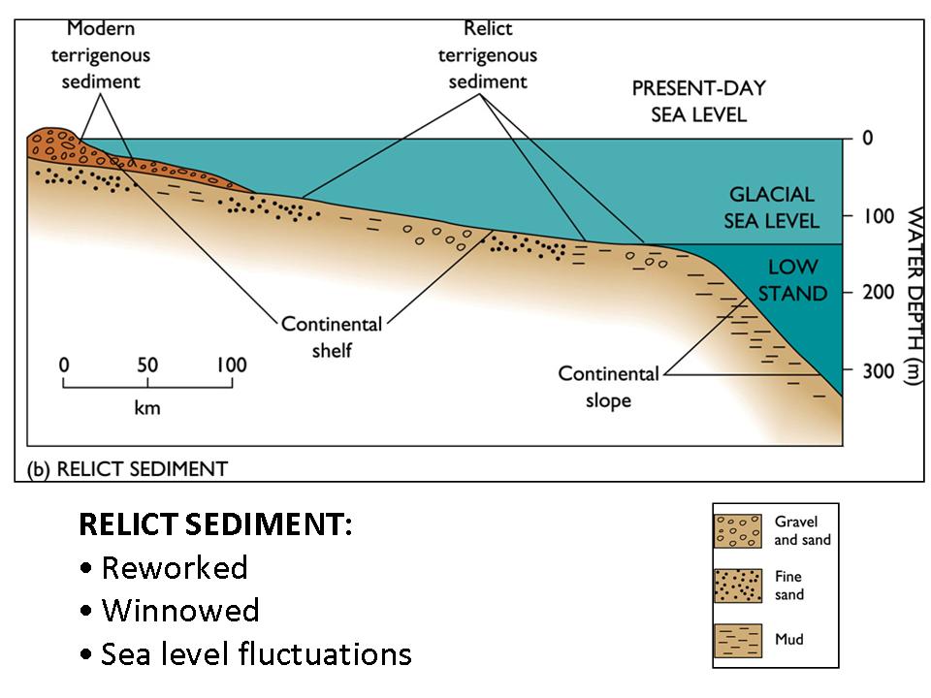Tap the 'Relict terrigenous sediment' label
coord(487,55)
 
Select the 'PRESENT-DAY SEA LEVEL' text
coord(698,101)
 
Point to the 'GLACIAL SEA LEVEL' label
coord(771,207)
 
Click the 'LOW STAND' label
coord(792,279)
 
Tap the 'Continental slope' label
coord(608,386)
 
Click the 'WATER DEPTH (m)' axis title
coord(912,296)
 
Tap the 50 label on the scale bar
coord(147,365)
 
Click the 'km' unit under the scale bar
coord(147,407)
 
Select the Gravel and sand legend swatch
coord(740,529)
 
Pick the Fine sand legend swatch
coord(740,585)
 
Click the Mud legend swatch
coord(740,640)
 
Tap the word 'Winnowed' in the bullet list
coord(180,611)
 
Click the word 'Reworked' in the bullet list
coord(175,567)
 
